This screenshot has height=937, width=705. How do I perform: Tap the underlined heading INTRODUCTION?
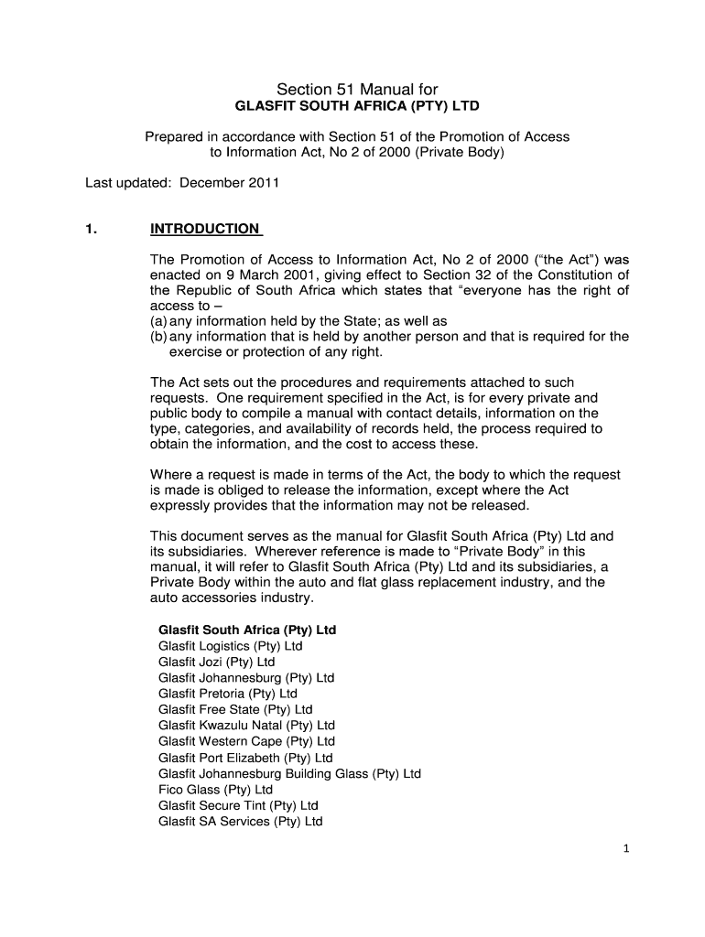[206, 229]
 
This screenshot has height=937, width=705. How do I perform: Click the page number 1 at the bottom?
[626, 849]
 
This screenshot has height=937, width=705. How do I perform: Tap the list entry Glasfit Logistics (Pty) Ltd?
[230, 646]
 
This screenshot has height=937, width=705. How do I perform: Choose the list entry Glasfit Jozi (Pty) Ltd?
[216, 662]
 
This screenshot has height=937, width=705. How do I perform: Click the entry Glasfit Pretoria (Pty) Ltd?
[227, 694]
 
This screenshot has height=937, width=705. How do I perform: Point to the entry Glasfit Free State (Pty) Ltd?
[235, 709]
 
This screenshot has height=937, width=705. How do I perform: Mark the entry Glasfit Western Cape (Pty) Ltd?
[246, 741]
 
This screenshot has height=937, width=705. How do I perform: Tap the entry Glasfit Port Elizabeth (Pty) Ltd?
[245, 758]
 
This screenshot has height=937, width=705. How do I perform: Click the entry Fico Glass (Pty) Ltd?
[215, 790]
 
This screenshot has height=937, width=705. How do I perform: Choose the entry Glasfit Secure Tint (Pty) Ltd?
[238, 805]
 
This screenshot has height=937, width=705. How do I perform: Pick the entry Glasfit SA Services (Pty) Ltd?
[241, 822]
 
